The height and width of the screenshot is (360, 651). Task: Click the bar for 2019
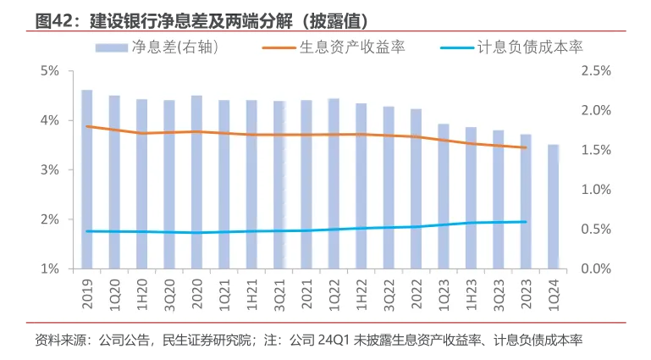coord(87,179)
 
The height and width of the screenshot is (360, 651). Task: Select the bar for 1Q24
coord(553,207)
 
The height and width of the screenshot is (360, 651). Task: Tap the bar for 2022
coord(416,188)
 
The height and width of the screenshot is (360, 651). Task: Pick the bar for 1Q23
coord(444,196)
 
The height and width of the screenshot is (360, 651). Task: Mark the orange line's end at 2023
coord(526,147)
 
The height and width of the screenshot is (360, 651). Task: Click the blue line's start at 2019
coord(87,231)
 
